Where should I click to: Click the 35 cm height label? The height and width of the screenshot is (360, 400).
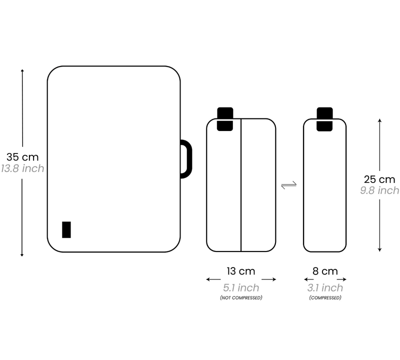(x=22, y=157)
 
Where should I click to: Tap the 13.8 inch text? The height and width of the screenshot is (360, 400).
(x=22, y=168)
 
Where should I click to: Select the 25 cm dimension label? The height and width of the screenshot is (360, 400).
(x=379, y=179)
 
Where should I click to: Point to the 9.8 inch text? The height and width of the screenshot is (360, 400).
(x=379, y=190)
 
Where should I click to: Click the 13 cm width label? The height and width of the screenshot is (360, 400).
(x=241, y=271)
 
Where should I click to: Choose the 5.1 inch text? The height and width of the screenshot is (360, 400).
(x=241, y=288)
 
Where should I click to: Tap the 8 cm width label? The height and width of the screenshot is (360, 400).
(x=325, y=271)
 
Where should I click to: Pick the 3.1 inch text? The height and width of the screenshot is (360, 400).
(x=325, y=288)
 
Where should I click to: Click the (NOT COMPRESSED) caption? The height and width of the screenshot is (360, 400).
(x=241, y=297)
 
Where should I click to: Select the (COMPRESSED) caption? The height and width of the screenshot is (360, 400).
(x=325, y=297)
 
